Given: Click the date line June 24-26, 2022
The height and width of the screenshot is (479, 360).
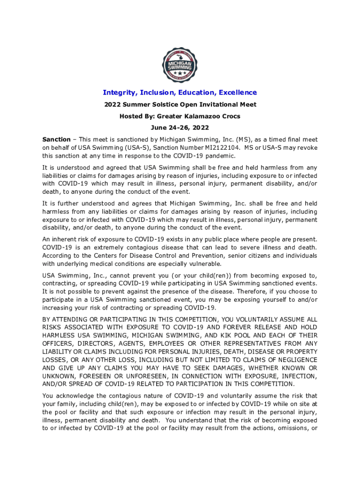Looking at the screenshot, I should click(180, 127).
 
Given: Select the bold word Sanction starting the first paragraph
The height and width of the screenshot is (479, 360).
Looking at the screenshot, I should click(57, 139).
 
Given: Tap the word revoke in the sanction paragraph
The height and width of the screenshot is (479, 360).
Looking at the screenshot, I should click(307, 148).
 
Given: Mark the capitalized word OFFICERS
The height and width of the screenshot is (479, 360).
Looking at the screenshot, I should click(59, 344).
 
